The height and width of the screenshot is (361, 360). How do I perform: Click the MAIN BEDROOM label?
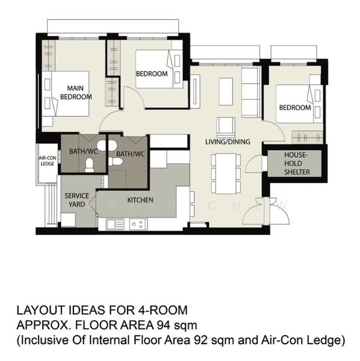point(76,93)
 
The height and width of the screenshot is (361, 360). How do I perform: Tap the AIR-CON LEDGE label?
point(48,161)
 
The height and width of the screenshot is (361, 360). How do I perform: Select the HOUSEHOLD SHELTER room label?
point(297,164)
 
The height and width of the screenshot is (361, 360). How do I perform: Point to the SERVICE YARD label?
point(76,200)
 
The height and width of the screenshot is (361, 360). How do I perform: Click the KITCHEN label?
point(140,200)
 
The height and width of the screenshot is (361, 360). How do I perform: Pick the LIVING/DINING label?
point(228,141)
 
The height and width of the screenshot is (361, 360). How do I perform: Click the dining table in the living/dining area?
point(226,174)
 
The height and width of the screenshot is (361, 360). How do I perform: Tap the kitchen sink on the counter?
point(115,224)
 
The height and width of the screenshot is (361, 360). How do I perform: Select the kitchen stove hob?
point(138,224)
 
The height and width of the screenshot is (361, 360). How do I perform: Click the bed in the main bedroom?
point(66,94)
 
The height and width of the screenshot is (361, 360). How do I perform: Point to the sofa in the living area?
point(250,92)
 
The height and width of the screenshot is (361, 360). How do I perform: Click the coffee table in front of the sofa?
point(226,91)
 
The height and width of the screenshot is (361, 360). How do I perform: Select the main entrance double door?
point(266,211)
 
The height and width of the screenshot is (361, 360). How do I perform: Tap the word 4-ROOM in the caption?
point(163,310)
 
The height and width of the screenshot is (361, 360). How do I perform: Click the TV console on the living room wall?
point(195,91)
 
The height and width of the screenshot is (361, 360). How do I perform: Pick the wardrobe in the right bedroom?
point(307,137)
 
